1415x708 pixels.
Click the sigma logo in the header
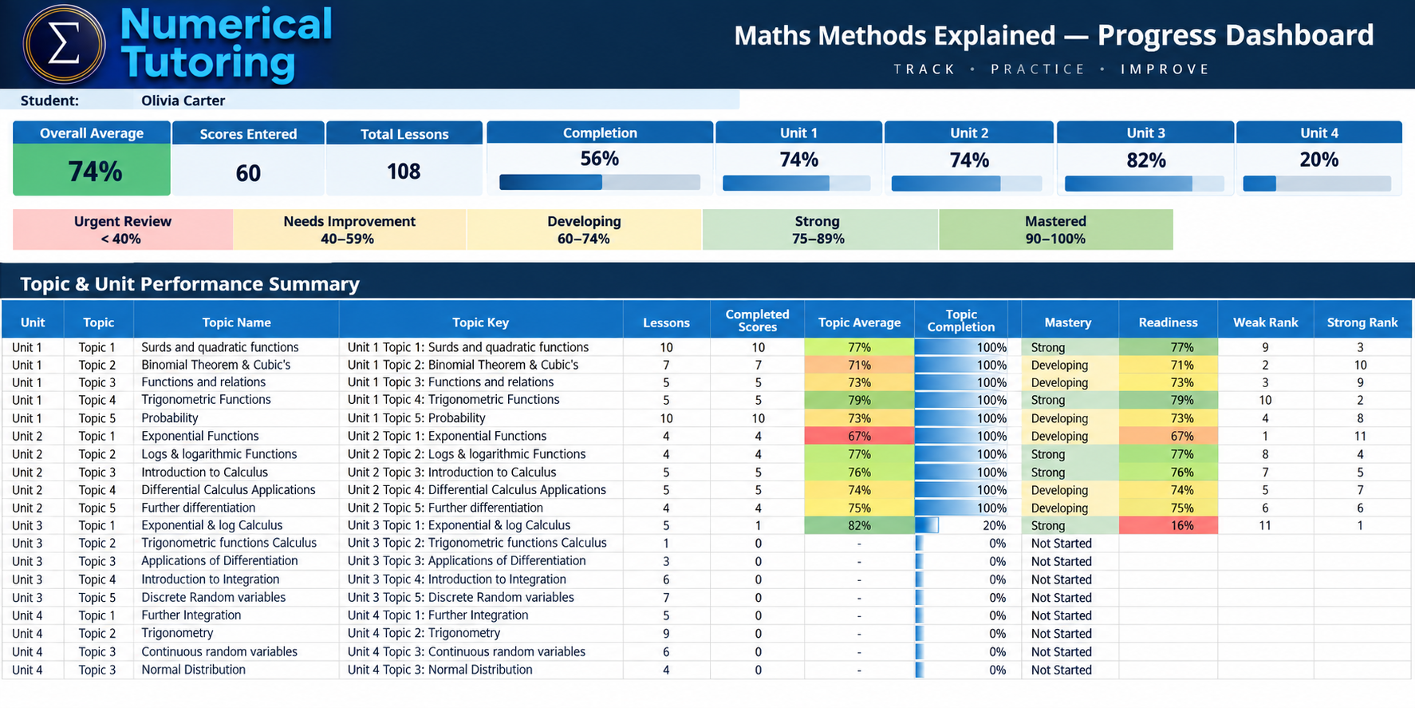coord(64,45)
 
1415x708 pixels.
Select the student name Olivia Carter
coord(183,101)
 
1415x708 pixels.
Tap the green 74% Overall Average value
coord(95,171)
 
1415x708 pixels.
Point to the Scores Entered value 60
coord(248,172)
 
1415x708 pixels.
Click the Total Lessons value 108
coord(404,171)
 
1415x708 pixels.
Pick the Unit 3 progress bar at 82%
coord(1144,184)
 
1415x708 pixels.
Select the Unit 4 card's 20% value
coord(1318,160)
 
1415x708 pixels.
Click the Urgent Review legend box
coord(123,230)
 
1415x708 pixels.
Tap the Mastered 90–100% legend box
coord(1055,230)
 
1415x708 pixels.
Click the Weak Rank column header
coord(1265,322)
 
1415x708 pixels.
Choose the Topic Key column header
coord(480,322)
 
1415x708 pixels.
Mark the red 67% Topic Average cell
coord(859,436)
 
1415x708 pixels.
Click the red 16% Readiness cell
coord(1168,525)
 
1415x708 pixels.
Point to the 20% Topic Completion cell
coord(961,525)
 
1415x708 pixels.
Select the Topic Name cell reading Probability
coord(170,418)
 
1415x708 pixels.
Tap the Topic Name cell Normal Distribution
coord(193,670)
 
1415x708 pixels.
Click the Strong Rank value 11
coord(1360,436)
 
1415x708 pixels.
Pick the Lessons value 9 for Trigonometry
coord(666,634)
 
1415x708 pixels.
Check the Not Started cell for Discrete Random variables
coord(1061,598)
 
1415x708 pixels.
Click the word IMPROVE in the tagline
coord(1165,69)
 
